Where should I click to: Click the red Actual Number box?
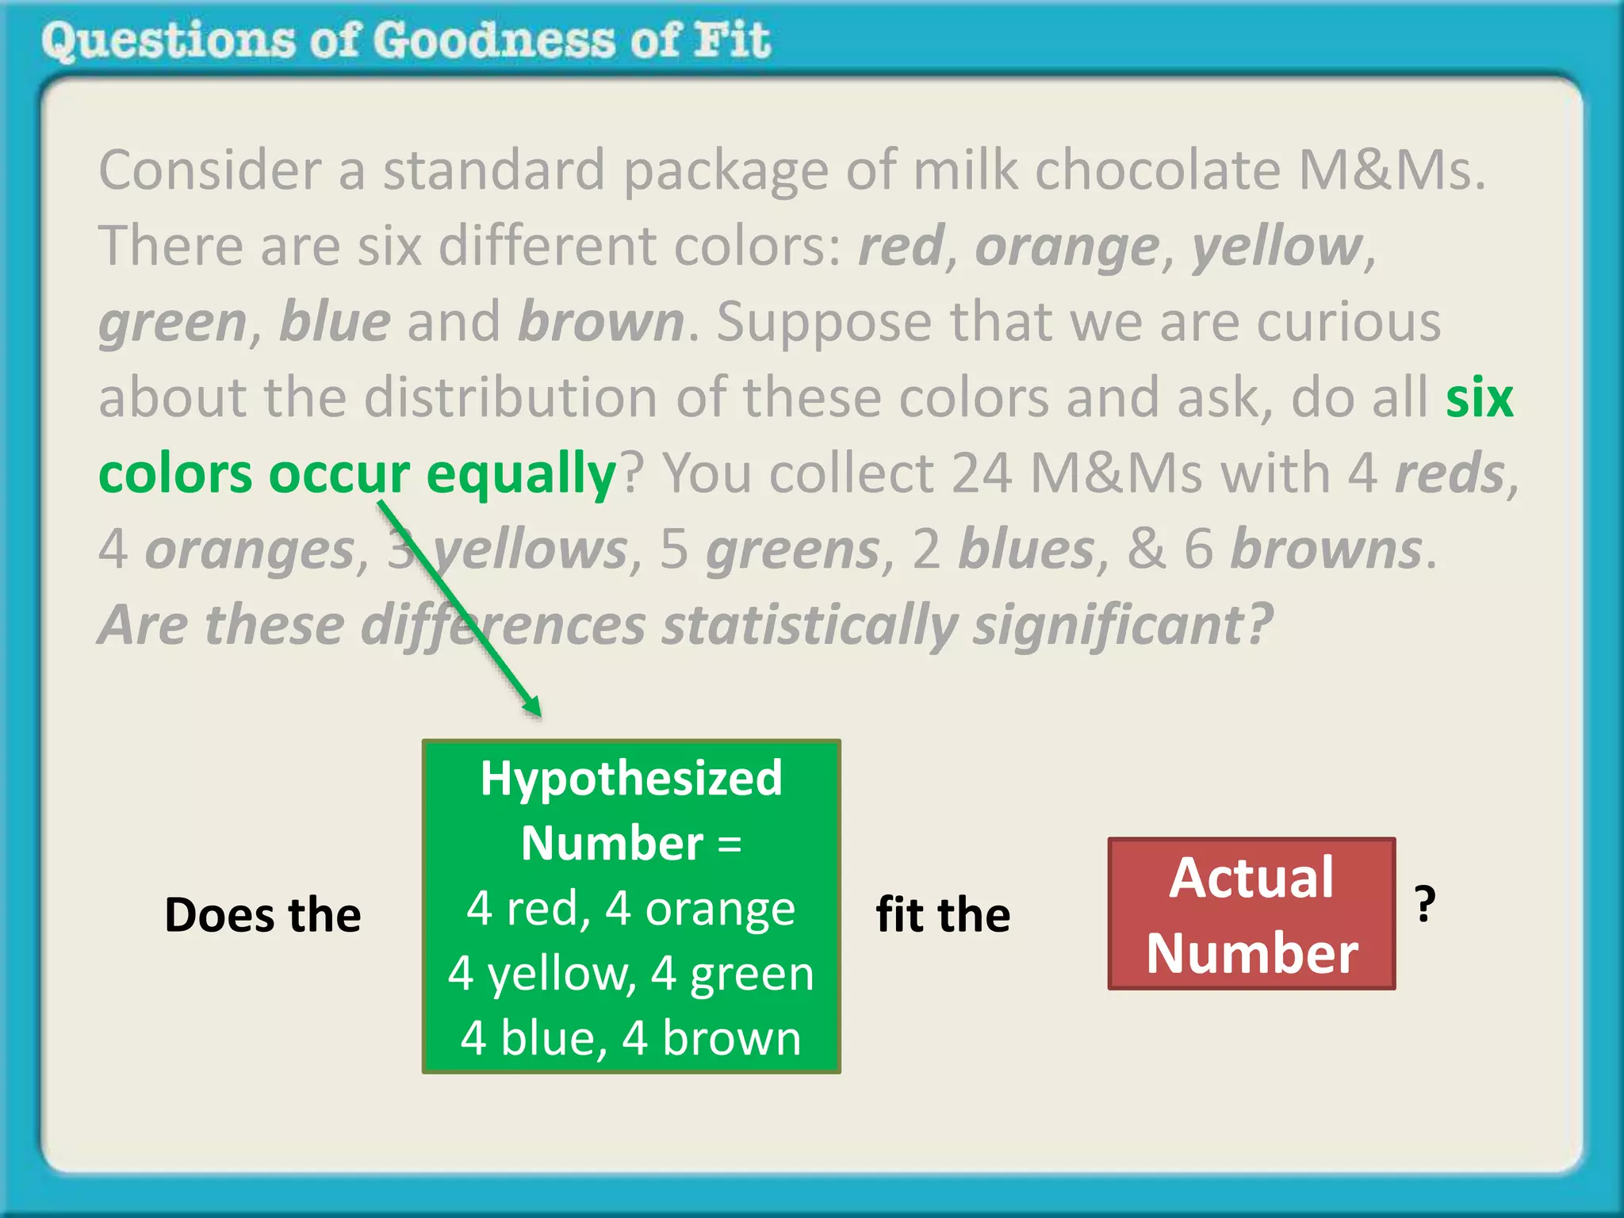(1251, 913)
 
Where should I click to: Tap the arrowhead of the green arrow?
(533, 705)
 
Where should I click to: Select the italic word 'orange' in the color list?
(1067, 247)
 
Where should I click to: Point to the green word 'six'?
(1479, 398)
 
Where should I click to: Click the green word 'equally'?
(520, 474)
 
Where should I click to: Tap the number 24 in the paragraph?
(981, 474)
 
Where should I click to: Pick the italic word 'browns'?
(1326, 550)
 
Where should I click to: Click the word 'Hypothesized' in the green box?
(631, 778)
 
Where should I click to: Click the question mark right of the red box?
(1425, 904)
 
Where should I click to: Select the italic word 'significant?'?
(1122, 626)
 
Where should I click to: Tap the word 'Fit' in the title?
(731, 40)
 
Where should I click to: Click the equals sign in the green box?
(730, 844)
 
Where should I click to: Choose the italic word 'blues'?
(1026, 550)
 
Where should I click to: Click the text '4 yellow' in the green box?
(542, 973)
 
